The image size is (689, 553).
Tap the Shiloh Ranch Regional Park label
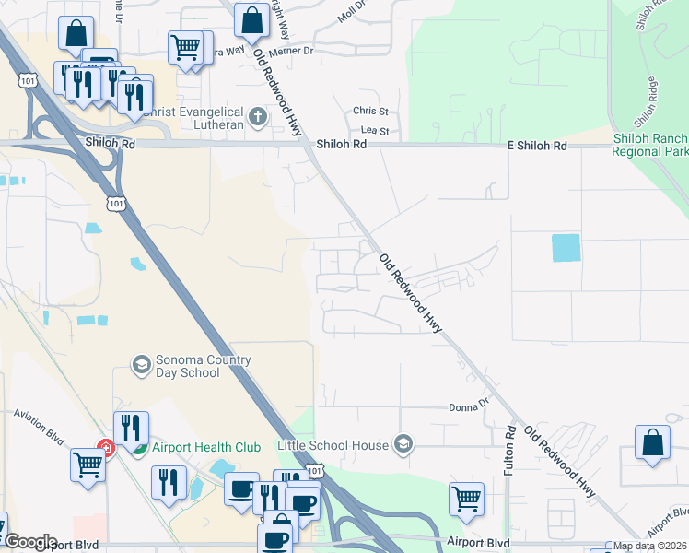(650, 145)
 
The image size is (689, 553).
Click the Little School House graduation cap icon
(402, 445)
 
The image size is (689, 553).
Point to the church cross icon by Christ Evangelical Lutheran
(258, 117)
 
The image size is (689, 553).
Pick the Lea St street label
(375, 132)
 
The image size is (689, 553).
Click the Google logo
(29, 542)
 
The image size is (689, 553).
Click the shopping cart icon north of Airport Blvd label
(466, 500)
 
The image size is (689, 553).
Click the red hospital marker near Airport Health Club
(106, 449)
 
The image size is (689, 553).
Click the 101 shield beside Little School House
(316, 471)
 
